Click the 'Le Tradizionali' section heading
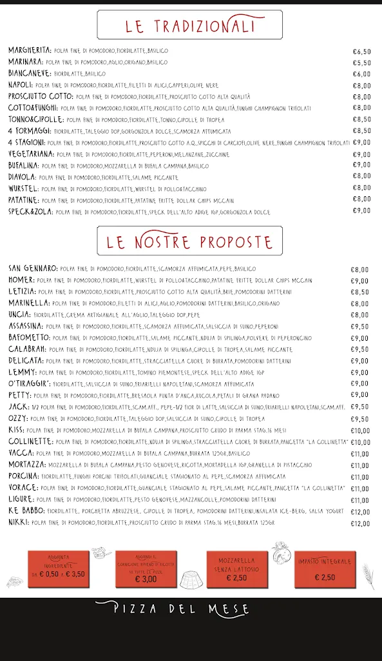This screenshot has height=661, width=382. point(190,26)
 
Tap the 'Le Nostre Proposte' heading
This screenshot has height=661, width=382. point(190,242)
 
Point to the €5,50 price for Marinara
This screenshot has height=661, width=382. point(361,63)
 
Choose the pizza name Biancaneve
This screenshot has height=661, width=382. point(29,74)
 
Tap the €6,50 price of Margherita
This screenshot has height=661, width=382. point(361,51)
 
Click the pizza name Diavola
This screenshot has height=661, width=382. point(22,176)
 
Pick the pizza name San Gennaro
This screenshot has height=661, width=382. point(32,269)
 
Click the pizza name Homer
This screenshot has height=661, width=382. point(21,280)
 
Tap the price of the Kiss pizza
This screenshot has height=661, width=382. point(360,431)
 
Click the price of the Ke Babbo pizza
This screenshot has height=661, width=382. point(360,512)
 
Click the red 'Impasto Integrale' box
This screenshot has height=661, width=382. point(324,569)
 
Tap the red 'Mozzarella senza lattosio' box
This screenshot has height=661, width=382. point(236,569)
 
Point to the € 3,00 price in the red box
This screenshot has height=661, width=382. point(146,579)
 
